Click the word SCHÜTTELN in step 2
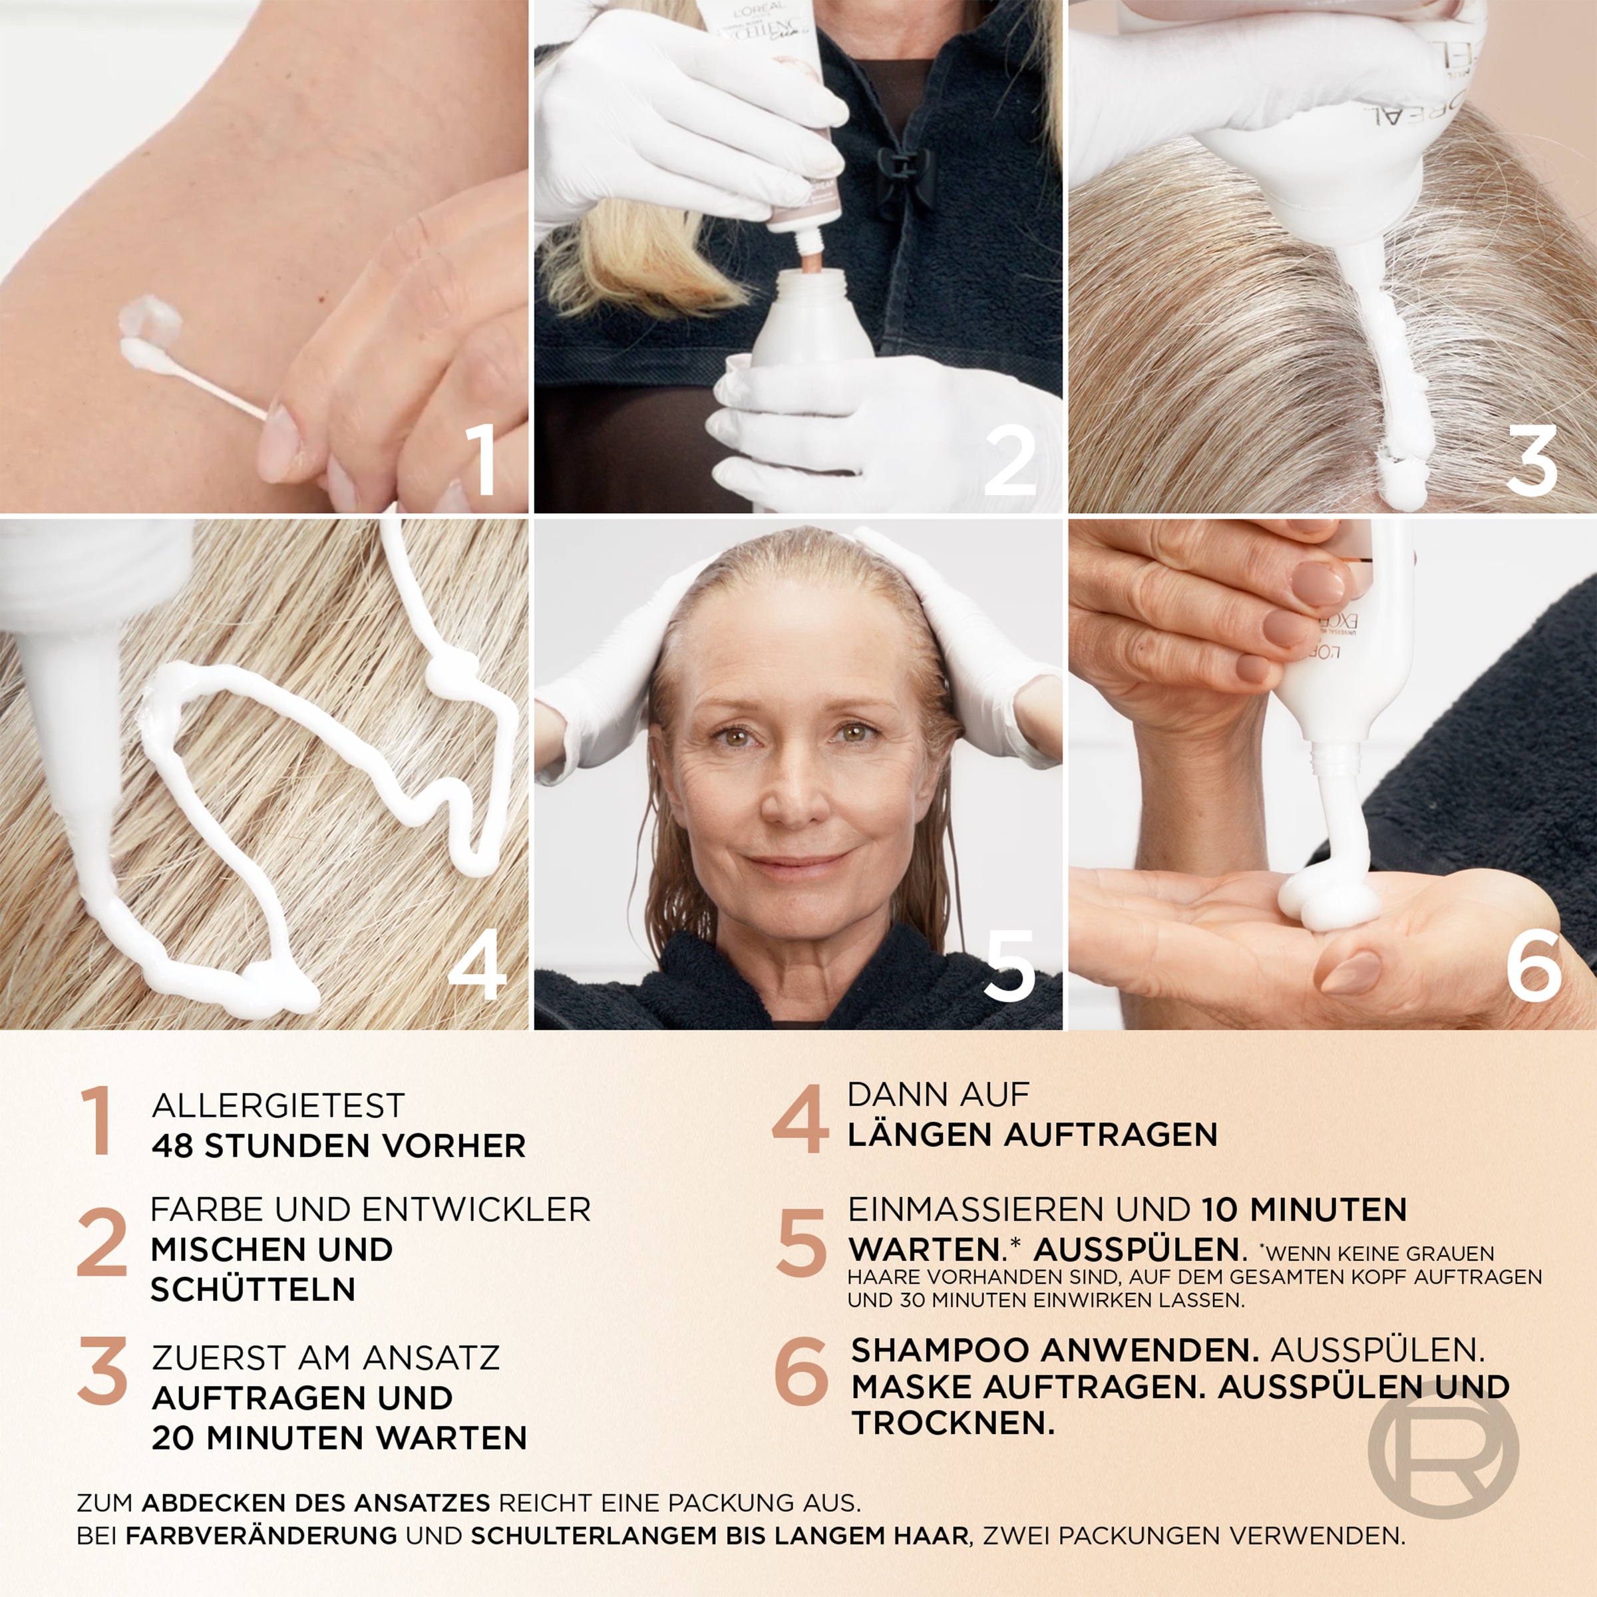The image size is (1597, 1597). click(x=252, y=1290)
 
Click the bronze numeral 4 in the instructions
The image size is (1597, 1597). click(x=799, y=1119)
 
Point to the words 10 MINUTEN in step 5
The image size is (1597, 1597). click(x=1304, y=1210)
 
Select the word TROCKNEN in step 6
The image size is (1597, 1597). click(x=952, y=1423)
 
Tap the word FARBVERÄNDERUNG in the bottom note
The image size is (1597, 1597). click(x=262, y=1536)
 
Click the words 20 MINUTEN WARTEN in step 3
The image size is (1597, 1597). click(x=339, y=1438)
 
